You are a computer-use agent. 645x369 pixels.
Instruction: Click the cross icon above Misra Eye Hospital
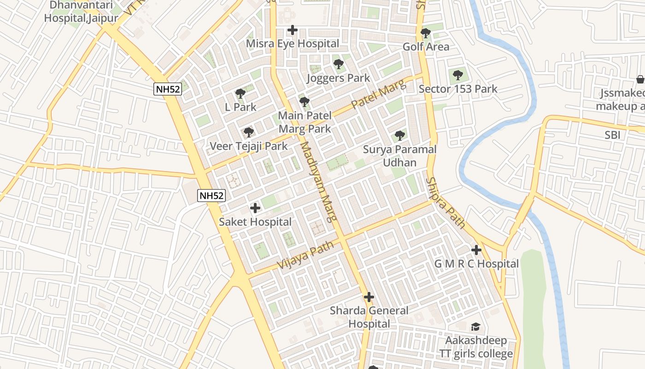292,30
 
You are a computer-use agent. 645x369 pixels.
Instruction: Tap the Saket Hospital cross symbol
255,208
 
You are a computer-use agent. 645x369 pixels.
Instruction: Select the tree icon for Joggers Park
339,64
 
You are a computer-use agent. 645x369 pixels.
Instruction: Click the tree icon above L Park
240,94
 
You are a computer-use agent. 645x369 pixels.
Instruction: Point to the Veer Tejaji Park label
249,146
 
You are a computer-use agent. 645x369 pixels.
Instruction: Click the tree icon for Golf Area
426,33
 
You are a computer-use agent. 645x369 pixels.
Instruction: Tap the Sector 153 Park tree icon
457,75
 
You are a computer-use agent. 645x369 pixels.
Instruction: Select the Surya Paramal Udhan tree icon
400,135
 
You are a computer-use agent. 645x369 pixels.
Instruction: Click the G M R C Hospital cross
476,250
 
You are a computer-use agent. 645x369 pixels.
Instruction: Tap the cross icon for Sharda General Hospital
369,297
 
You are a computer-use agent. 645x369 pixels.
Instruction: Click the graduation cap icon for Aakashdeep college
475,327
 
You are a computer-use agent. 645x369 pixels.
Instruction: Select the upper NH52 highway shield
168,89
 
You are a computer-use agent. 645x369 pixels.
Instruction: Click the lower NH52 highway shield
211,196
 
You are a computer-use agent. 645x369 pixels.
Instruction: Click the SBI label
612,135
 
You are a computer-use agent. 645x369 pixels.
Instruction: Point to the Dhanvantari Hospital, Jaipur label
81,12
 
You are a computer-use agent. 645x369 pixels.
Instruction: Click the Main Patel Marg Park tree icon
304,101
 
